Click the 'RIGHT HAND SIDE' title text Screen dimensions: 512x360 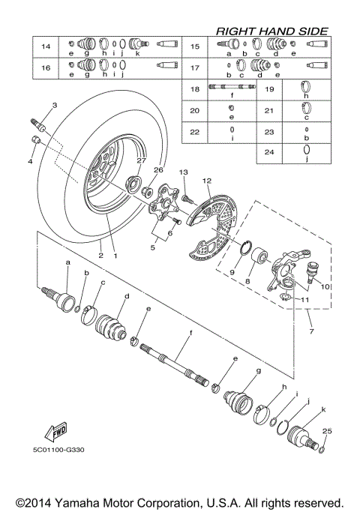click(x=271, y=31)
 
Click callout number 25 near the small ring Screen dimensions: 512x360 click(x=325, y=431)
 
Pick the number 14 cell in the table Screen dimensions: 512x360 click(x=46, y=48)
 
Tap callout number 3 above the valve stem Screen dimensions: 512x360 click(x=55, y=105)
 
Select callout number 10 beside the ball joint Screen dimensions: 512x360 click(x=325, y=286)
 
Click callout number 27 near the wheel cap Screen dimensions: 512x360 click(x=139, y=160)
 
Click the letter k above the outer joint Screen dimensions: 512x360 click(x=323, y=409)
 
